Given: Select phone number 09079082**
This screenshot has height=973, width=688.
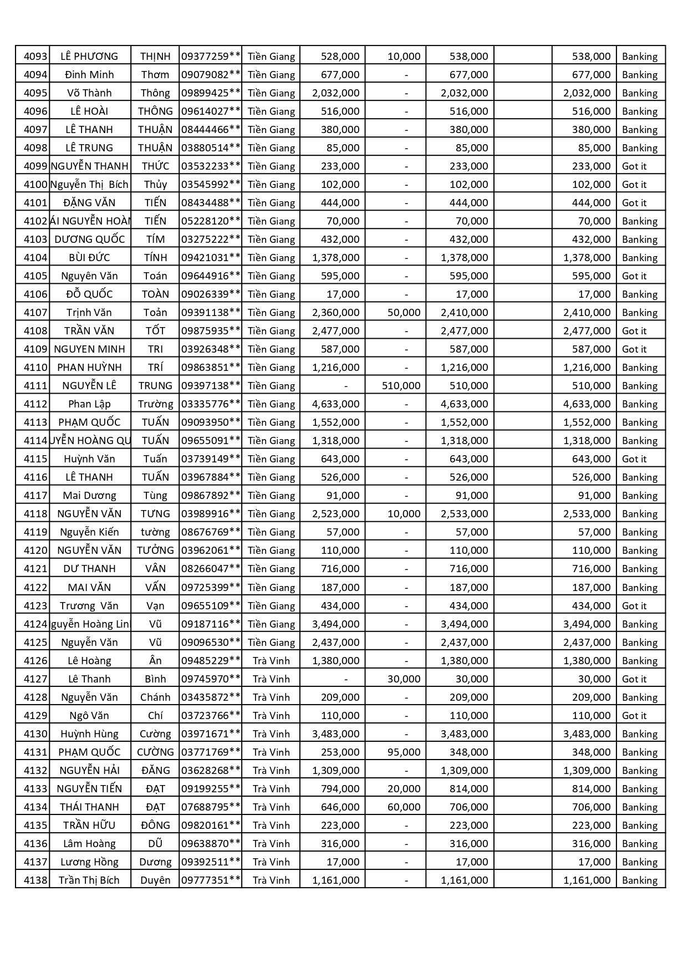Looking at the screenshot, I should pyautogui.click(x=211, y=74).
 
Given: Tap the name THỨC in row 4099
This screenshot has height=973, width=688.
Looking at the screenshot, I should pyautogui.click(x=155, y=166).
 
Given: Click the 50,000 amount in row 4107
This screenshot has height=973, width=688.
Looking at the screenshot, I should pyautogui.click(x=404, y=312).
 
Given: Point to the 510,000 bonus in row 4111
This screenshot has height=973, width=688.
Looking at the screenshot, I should pyautogui.click(x=401, y=385).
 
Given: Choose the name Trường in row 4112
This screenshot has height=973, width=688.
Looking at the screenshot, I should pyautogui.click(x=155, y=404).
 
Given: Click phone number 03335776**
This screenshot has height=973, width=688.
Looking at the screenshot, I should pyautogui.click(x=211, y=404).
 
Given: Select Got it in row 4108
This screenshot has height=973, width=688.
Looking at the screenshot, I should pyautogui.click(x=634, y=330).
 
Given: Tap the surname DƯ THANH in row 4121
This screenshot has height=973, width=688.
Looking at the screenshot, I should pyautogui.click(x=89, y=568).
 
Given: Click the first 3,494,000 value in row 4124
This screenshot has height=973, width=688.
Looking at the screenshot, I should pyautogui.click(x=335, y=624).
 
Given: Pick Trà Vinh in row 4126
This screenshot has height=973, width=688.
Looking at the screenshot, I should pyautogui.click(x=271, y=660).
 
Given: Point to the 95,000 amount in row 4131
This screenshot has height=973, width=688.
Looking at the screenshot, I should pyautogui.click(x=404, y=752).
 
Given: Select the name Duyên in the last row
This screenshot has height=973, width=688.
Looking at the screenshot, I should pyautogui.click(x=155, y=880).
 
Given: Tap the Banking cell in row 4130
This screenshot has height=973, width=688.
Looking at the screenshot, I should pyautogui.click(x=639, y=733).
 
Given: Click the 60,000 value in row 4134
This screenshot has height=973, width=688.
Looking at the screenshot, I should pyautogui.click(x=404, y=807).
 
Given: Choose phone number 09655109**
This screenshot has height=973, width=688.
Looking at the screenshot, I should pyautogui.click(x=211, y=605).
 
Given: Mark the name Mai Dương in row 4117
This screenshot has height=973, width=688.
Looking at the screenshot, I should pyautogui.click(x=89, y=495).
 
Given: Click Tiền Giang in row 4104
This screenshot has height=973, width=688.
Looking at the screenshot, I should pyautogui.click(x=271, y=257).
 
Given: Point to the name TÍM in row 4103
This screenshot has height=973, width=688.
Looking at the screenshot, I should pyautogui.click(x=155, y=239).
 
